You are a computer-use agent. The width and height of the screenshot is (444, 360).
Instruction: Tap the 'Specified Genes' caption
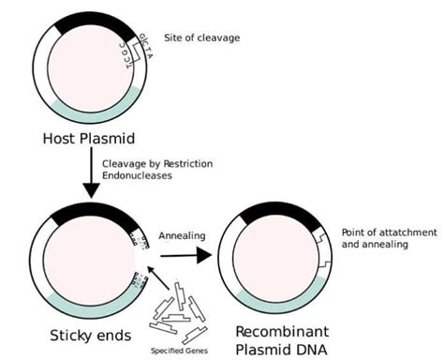(x=182, y=352)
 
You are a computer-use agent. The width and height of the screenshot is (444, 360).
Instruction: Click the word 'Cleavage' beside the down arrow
(x=129, y=163)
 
